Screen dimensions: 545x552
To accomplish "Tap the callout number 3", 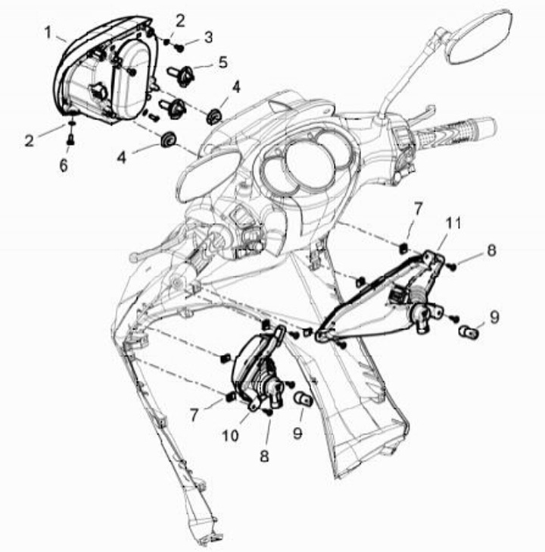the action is coord(208,37).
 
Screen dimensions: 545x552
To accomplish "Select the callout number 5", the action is coord(223,62).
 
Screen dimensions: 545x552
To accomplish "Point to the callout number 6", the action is coord(64,165).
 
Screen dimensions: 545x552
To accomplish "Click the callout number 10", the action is coord(231,436).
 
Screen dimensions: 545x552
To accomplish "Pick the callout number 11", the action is coord(453,223).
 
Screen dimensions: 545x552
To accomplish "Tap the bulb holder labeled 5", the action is coord(181,75).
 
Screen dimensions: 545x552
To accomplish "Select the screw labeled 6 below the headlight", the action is coord(70,140).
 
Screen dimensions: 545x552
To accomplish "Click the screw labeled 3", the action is coord(179,48).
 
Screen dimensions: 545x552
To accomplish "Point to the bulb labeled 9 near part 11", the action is coord(469,332).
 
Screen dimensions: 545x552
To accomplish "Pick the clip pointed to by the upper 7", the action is coord(403,249).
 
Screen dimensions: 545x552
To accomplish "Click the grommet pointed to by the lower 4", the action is coord(167,140).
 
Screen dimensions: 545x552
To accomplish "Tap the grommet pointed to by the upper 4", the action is coord(213,117).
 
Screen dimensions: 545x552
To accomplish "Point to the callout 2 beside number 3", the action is coord(180,21).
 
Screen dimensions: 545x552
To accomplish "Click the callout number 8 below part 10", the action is coord(264,456).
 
